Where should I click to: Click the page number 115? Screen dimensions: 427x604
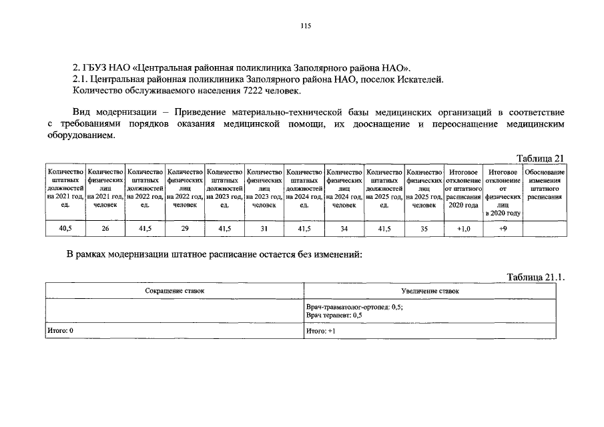click(306, 26)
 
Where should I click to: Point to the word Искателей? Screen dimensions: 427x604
click(418, 79)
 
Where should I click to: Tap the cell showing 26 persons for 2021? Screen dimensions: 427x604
click(105, 228)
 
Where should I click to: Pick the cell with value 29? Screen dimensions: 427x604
click(185, 228)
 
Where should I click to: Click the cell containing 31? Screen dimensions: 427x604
click(264, 228)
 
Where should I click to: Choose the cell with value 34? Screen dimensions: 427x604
click(344, 228)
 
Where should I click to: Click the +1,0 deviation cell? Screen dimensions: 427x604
click(463, 228)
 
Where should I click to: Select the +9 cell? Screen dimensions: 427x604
click(503, 228)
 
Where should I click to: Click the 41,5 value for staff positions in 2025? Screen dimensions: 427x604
click(384, 228)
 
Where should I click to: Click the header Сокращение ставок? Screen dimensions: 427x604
click(175, 291)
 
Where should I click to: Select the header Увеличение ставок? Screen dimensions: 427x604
click(430, 291)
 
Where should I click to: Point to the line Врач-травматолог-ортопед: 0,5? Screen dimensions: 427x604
click(354, 306)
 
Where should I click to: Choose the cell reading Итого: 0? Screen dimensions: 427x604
click(61, 331)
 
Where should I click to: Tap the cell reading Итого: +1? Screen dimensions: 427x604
click(320, 331)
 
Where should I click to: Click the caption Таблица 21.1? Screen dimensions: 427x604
click(535, 277)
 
